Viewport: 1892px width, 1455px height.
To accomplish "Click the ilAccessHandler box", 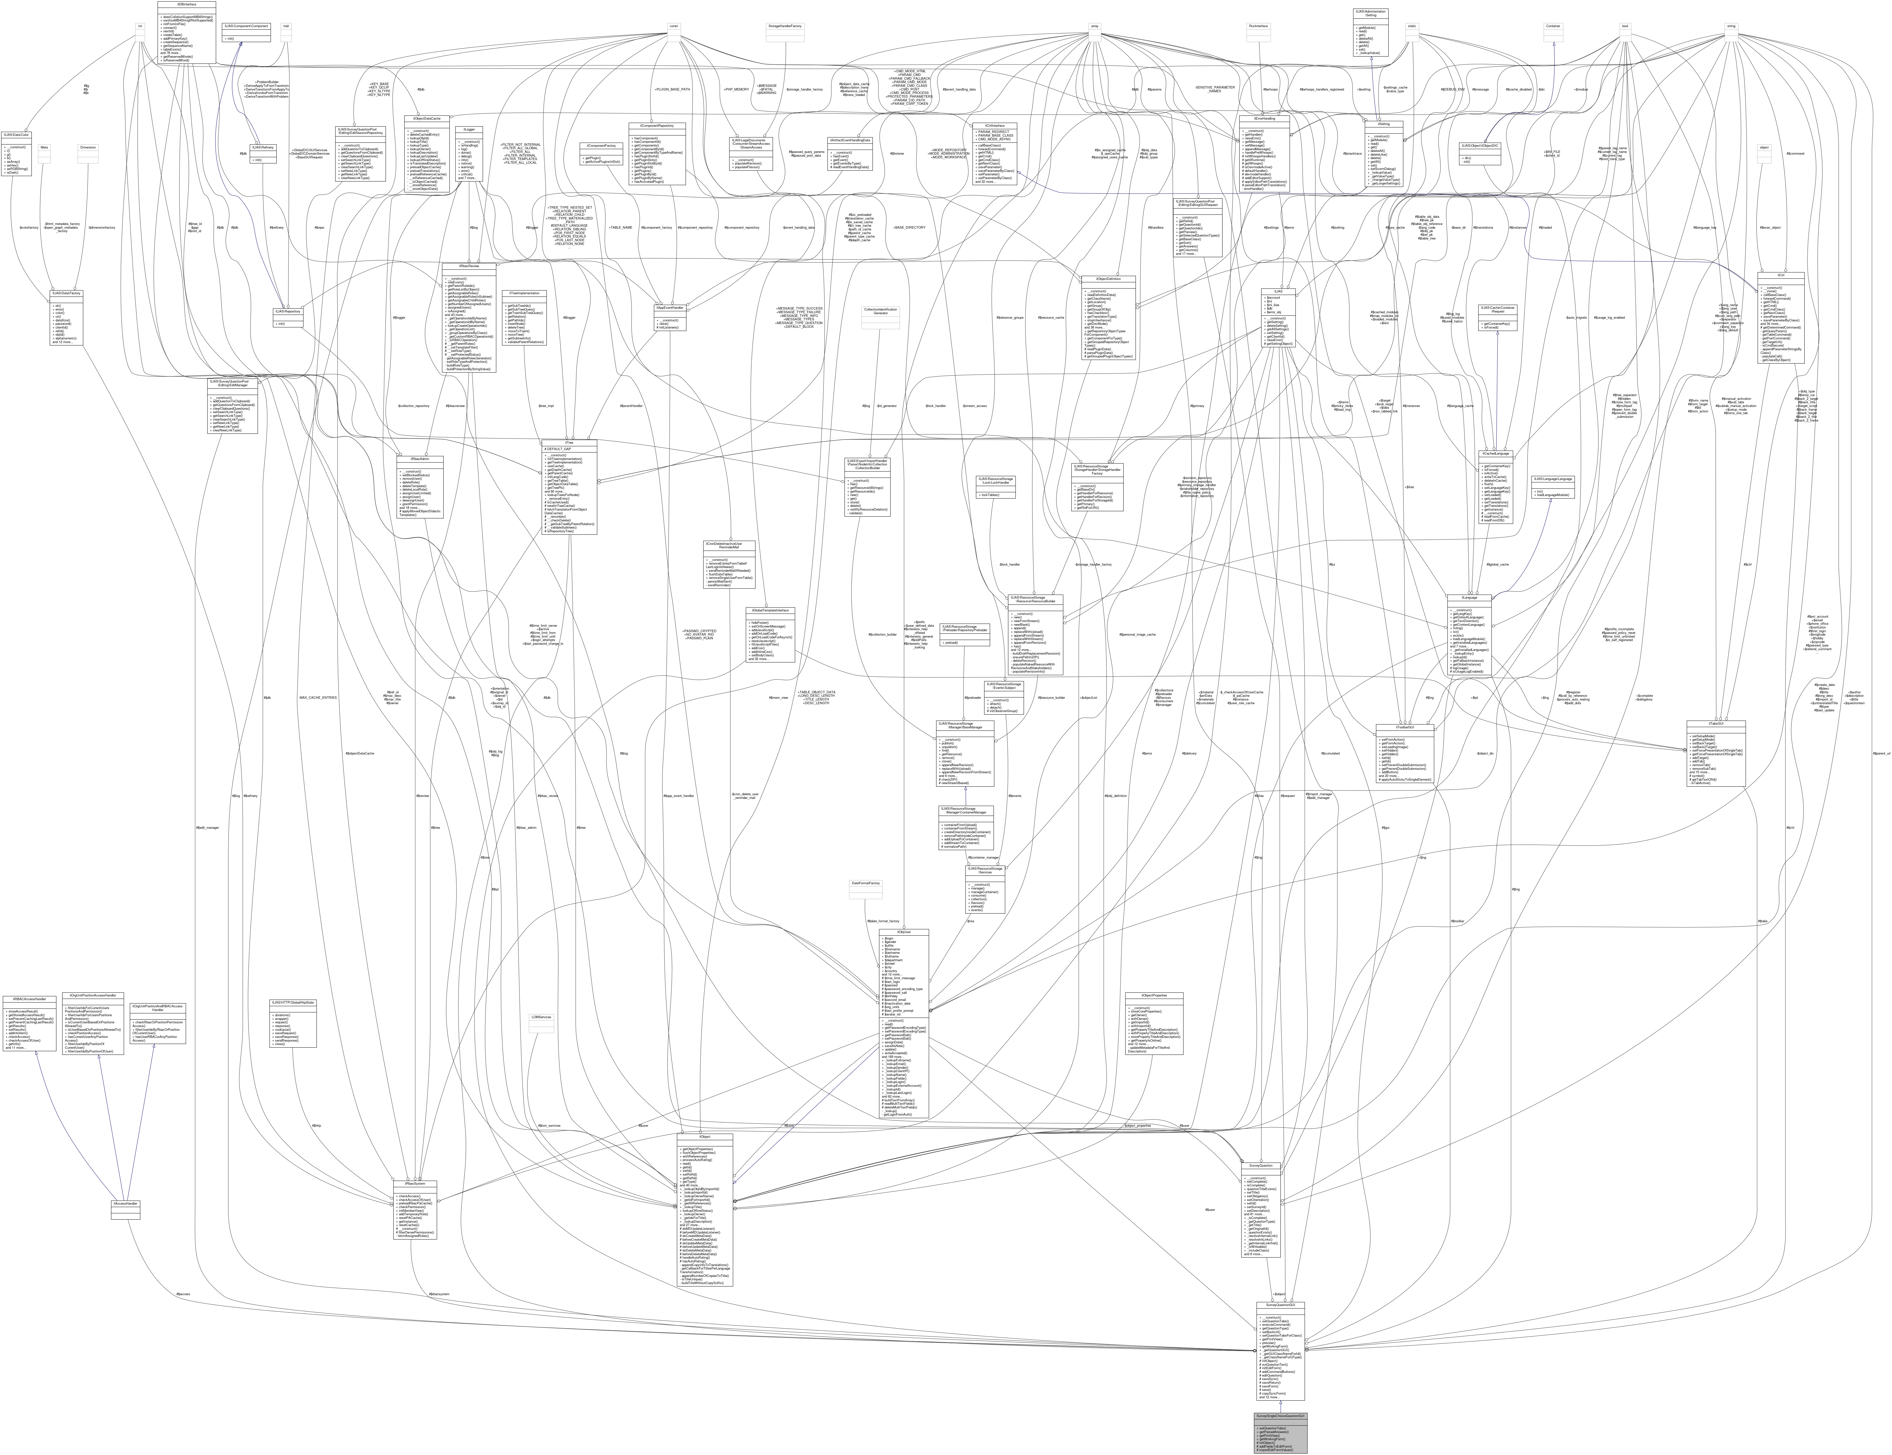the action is [x=127, y=1204].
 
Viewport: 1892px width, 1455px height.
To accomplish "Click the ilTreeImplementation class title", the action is [x=523, y=294].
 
